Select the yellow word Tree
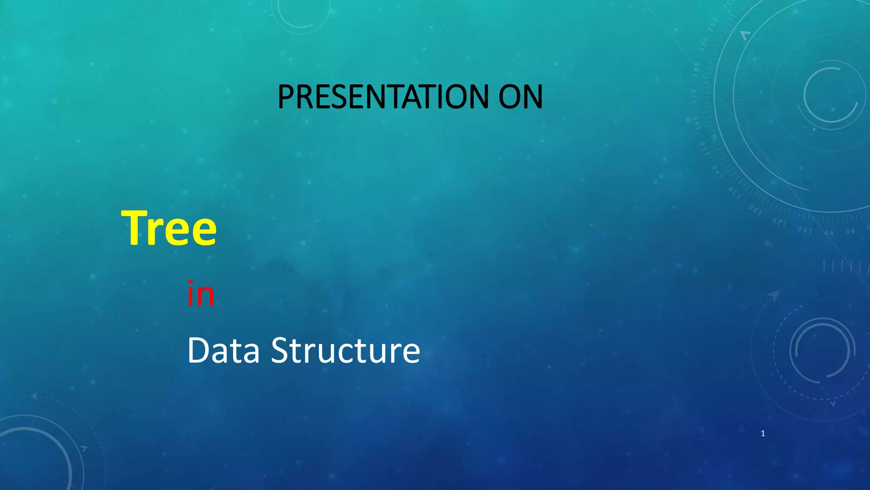[x=169, y=228]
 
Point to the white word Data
[x=223, y=350]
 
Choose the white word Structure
[x=345, y=350]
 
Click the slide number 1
[x=763, y=433]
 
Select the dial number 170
[x=694, y=96]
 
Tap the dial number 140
[x=717, y=171]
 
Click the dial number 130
[x=734, y=193]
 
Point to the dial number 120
[x=755, y=209]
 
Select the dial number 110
[x=779, y=222]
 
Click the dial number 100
[x=805, y=230]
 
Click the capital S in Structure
[x=282, y=350]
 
